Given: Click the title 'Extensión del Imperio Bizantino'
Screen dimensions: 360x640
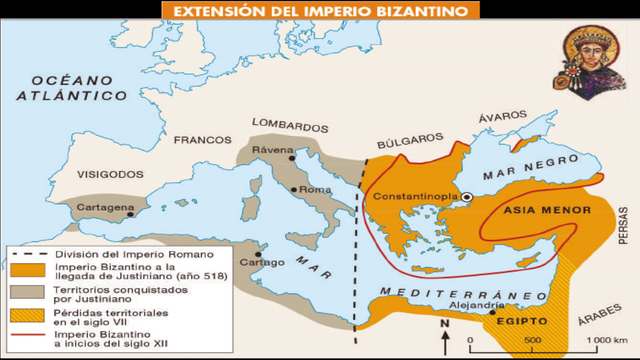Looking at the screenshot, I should click(x=319, y=11).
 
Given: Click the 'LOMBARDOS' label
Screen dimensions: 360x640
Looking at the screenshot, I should click(x=290, y=127).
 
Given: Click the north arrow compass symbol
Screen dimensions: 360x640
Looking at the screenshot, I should click(x=445, y=334).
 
